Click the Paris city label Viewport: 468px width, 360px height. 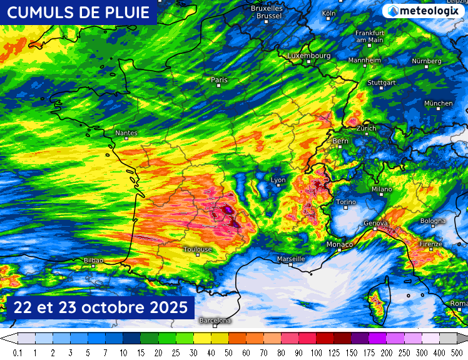tap(219, 80)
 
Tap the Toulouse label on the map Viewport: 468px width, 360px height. tap(198, 249)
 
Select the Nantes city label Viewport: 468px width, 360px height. tap(126, 133)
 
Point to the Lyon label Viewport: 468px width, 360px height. tap(278, 180)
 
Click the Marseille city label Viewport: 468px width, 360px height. tap(291, 259)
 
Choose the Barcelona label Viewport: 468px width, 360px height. tap(215, 321)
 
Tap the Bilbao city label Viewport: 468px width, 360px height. tap(93, 260)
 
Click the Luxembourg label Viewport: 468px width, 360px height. tap(309, 56)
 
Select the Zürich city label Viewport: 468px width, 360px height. tap(366, 128)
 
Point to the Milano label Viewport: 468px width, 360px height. tap(382, 189)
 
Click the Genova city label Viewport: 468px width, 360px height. tap(377, 224)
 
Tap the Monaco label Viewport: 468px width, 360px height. tap(340, 244)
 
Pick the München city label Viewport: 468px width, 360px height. tap(438, 103)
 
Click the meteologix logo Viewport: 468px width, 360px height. tap(424, 11)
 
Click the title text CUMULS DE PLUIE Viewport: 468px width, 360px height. tap(78, 12)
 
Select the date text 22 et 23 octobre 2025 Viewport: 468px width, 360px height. tap(101, 307)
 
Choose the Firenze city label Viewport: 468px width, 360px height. tap(430, 244)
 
